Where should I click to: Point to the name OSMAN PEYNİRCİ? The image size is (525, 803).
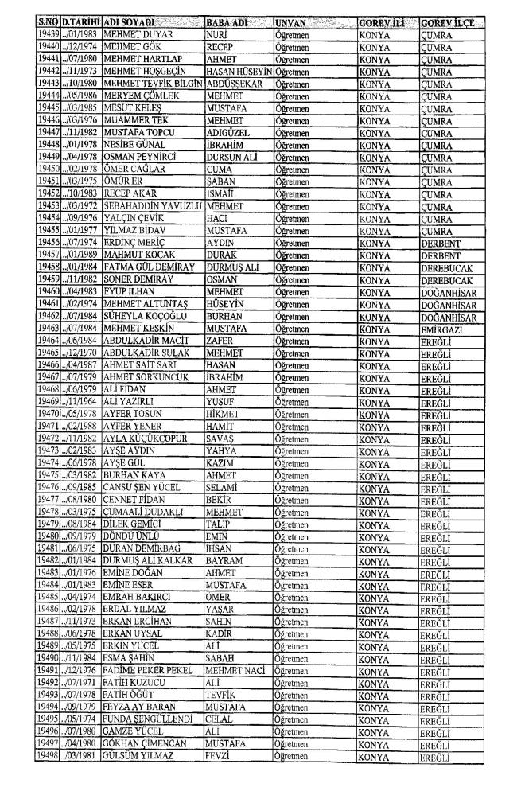pos(143,158)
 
